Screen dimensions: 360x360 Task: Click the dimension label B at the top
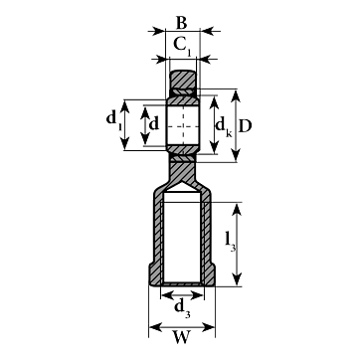click(x=181, y=24)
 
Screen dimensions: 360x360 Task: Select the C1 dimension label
click(x=182, y=46)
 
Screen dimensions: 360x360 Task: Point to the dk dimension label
click(x=224, y=127)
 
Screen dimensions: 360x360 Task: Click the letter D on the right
click(x=245, y=126)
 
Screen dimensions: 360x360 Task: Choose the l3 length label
click(x=230, y=243)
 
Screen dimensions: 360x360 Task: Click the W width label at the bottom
click(x=182, y=337)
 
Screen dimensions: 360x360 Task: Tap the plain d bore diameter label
click(x=154, y=124)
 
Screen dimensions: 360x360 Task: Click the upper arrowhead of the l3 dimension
click(x=237, y=210)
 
